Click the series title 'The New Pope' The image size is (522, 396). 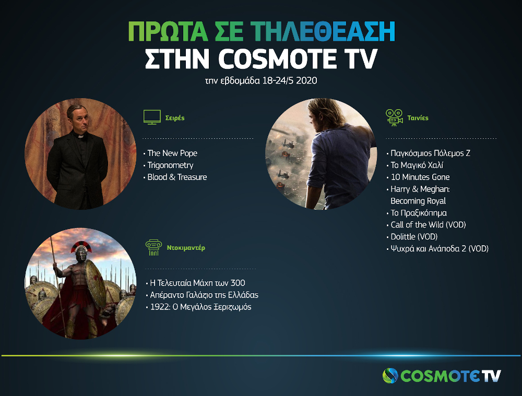pyautogui.click(x=172, y=153)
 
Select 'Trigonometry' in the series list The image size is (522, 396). pyautogui.click(x=170, y=165)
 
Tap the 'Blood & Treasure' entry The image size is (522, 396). pyautogui.click(x=177, y=177)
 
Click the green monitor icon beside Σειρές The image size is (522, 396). pyautogui.click(x=152, y=117)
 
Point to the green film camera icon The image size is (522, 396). pyautogui.click(x=395, y=117)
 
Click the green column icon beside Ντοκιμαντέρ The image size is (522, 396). pyautogui.click(x=154, y=248)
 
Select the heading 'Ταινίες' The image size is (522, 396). pyautogui.click(x=418, y=118)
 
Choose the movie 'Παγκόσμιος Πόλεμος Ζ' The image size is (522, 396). pyautogui.click(x=431, y=153)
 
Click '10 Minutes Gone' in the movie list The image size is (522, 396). pyautogui.click(x=420, y=177)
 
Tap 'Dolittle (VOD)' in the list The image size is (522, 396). pyautogui.click(x=414, y=236)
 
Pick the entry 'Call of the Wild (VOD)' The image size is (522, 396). pyautogui.click(x=428, y=225)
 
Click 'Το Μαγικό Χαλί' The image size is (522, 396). pyautogui.click(x=417, y=165)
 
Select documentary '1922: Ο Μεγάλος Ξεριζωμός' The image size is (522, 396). pyautogui.click(x=201, y=307)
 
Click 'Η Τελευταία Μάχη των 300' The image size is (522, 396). pyautogui.click(x=198, y=283)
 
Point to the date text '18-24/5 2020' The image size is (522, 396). pyautogui.click(x=290, y=80)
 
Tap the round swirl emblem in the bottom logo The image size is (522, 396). pyautogui.click(x=390, y=376)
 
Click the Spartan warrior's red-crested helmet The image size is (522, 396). pyautogui.click(x=80, y=251)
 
